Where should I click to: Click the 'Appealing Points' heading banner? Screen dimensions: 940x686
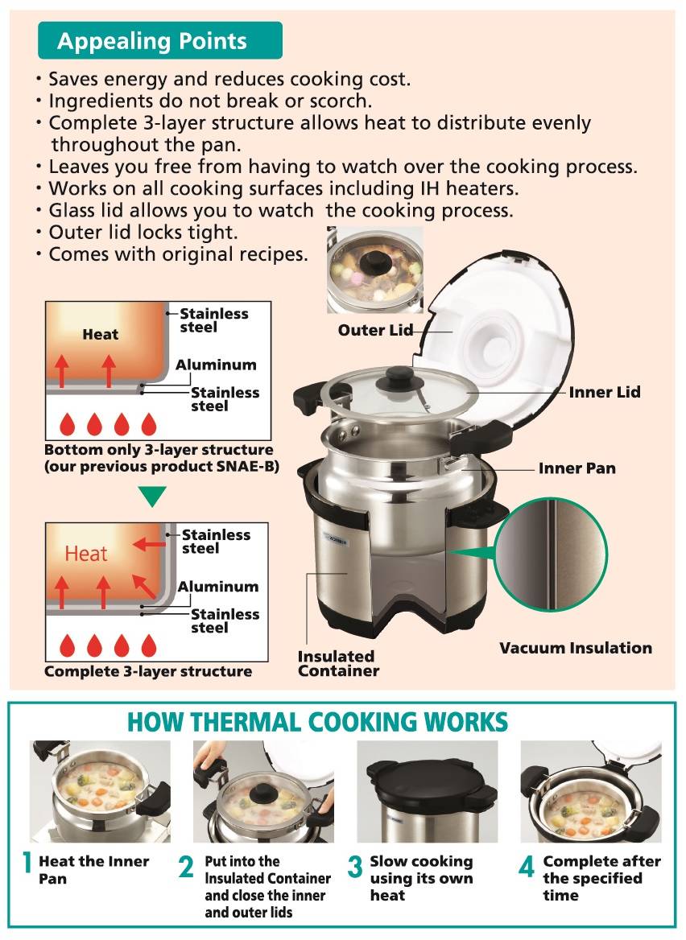coord(160,41)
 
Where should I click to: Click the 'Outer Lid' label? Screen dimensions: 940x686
coord(375,330)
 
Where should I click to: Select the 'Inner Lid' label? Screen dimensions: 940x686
coord(605,393)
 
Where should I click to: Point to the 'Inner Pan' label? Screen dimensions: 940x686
coord(576,468)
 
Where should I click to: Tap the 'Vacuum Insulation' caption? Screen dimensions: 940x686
coord(575,648)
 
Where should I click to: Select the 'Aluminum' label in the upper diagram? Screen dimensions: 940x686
coord(216,365)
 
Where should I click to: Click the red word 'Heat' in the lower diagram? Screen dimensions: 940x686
coord(86,554)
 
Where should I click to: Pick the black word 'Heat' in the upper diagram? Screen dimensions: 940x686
coord(100,334)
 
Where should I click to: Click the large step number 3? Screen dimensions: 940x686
coord(355,868)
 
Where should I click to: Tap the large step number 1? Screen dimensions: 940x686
coord(26,863)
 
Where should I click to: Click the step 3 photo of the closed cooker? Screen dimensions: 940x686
coord(427,791)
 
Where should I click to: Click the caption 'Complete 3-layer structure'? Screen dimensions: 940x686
coord(148,671)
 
